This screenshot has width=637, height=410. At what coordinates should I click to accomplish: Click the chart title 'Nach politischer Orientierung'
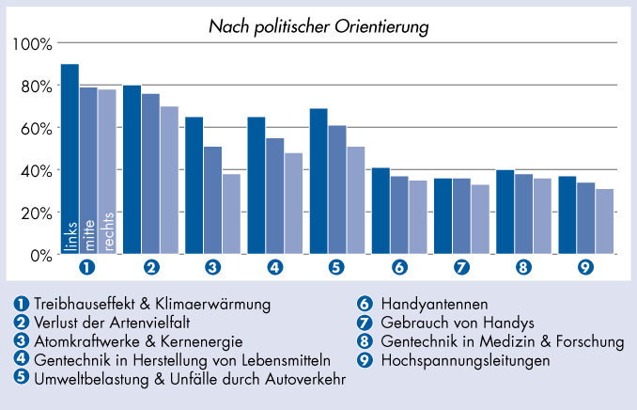tap(318, 26)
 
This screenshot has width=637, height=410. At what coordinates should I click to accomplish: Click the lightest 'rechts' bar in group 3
tap(231, 213)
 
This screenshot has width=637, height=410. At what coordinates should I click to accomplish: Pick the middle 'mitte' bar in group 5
tap(337, 189)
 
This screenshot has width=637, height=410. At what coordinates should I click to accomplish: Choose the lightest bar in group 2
tap(169, 180)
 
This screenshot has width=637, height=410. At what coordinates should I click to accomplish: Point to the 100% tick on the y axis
tap(34, 44)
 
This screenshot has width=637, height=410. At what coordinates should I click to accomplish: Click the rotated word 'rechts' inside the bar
tap(108, 231)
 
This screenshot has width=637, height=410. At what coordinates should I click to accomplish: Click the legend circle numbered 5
tap(21, 379)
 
